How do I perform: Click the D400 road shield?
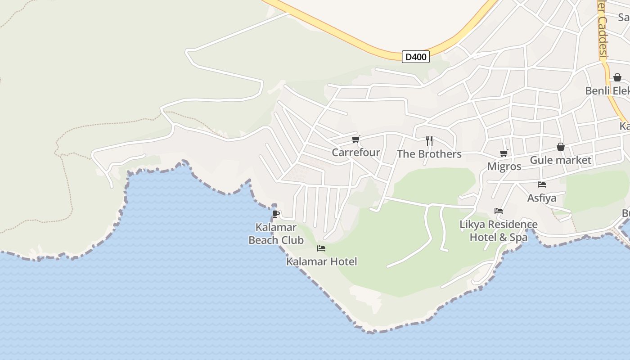click(x=416, y=57)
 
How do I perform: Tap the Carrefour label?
click(x=356, y=153)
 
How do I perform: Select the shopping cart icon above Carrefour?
click(x=356, y=139)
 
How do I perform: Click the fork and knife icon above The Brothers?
click(x=429, y=141)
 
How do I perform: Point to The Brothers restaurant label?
click(x=429, y=154)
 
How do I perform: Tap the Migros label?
click(x=504, y=166)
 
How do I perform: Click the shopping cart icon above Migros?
click(x=504, y=153)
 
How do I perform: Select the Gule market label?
click(x=560, y=160)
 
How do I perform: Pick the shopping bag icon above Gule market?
click(x=561, y=147)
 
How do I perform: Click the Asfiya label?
click(x=542, y=198)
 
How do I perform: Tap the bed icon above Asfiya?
click(x=542, y=184)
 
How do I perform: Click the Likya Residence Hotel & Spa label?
click(x=499, y=230)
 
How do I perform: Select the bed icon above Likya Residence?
click(x=499, y=211)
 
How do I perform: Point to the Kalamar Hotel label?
click(x=321, y=261)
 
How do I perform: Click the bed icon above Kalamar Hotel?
click(x=321, y=248)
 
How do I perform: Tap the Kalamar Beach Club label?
click(x=276, y=234)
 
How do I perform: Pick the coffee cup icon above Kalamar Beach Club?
click(x=276, y=214)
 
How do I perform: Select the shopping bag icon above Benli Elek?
click(x=617, y=77)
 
